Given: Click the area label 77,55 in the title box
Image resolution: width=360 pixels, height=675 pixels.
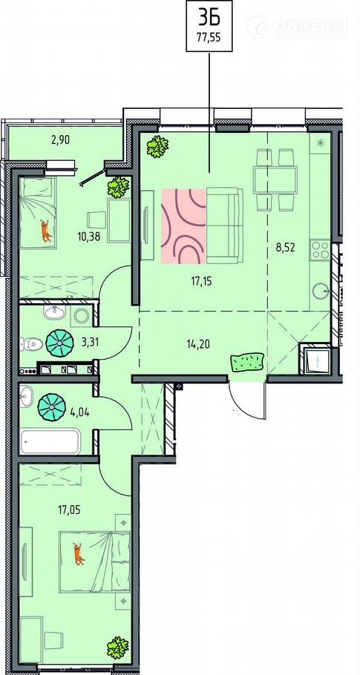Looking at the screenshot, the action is click(209, 37).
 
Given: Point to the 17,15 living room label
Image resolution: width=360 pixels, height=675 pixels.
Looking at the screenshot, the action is click(203, 282).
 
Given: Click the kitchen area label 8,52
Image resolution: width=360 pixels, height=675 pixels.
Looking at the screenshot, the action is click(286, 247).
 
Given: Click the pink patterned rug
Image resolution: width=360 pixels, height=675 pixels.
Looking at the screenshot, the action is click(183, 226).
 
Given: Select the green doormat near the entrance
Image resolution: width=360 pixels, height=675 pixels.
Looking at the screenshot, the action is click(247, 362).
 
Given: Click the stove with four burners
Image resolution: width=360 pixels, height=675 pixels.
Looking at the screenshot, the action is click(320, 249).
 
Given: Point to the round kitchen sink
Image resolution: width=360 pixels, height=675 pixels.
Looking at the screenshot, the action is click(321, 291).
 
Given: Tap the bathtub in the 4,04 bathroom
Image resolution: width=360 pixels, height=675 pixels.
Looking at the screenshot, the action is click(50, 441).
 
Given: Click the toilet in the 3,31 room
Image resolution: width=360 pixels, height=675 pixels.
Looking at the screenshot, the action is click(31, 344).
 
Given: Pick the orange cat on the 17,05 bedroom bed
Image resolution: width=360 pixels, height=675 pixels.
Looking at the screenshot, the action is click(79, 553).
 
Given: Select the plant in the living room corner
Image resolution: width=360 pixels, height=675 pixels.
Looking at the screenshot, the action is click(157, 147).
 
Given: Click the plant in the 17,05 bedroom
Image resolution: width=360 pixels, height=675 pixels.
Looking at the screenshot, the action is click(117, 648).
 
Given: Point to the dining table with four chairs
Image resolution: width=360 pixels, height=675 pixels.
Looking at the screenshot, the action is click(275, 180).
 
